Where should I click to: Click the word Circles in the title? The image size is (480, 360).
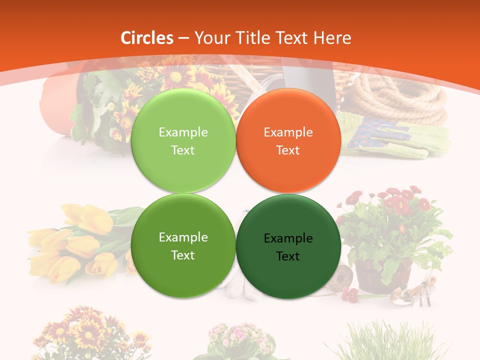(146, 38)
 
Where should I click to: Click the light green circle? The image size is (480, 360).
(183, 140)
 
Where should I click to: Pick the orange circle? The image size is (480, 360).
(288, 140)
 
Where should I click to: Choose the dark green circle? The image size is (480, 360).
(288, 246)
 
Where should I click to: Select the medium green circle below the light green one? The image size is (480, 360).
(183, 245)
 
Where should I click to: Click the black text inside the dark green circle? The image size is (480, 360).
(288, 247)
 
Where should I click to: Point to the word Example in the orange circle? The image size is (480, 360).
(288, 132)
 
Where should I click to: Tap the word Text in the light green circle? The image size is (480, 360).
(183, 150)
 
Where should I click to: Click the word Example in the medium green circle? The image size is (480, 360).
(183, 237)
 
